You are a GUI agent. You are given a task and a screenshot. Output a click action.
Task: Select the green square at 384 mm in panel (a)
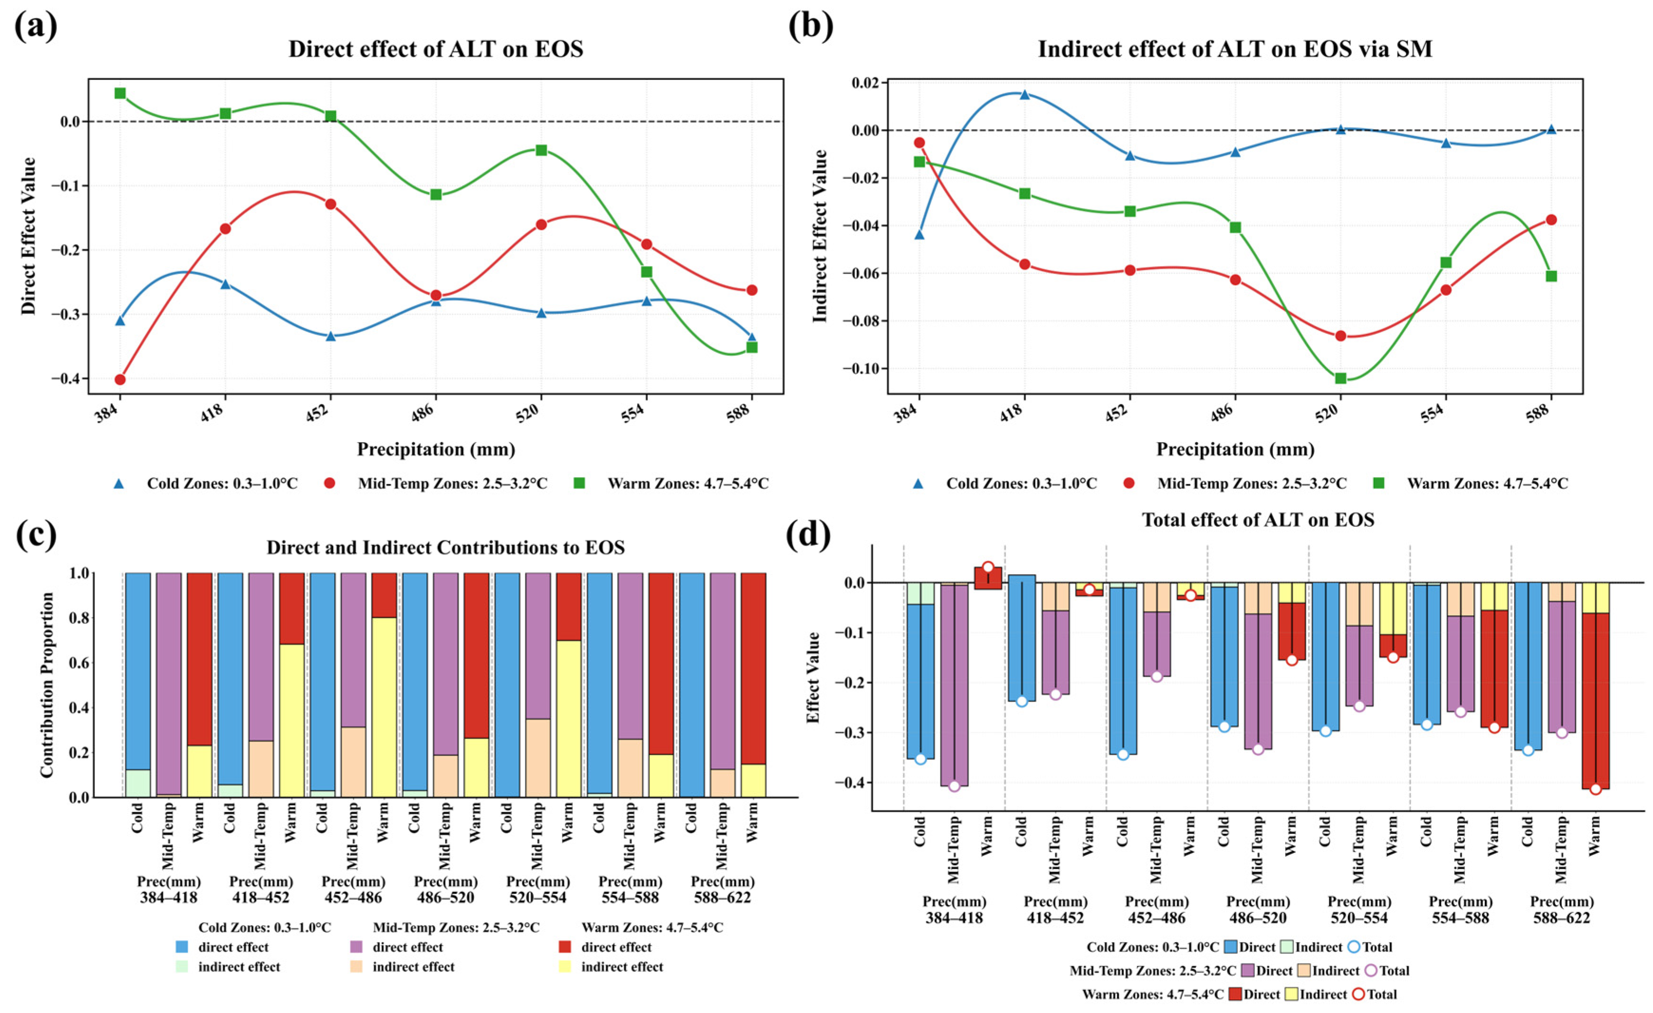120,93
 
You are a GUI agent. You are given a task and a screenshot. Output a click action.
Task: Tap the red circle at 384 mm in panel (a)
120,380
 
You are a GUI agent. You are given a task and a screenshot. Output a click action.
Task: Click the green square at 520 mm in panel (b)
1340,379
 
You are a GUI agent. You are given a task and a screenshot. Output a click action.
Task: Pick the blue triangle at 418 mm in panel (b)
1025,95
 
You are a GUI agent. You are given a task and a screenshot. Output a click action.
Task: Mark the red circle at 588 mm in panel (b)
1551,220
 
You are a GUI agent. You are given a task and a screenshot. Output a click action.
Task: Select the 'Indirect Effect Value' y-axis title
820,236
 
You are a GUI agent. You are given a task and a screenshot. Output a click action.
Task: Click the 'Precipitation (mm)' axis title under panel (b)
1235,449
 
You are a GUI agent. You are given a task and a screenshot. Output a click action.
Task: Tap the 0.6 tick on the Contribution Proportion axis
80,663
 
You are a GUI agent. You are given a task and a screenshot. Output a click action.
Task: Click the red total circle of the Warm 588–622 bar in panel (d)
1596,789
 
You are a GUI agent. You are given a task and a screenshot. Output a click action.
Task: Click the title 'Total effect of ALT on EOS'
1258,520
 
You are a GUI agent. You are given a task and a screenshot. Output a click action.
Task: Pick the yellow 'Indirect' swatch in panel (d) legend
1290,994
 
